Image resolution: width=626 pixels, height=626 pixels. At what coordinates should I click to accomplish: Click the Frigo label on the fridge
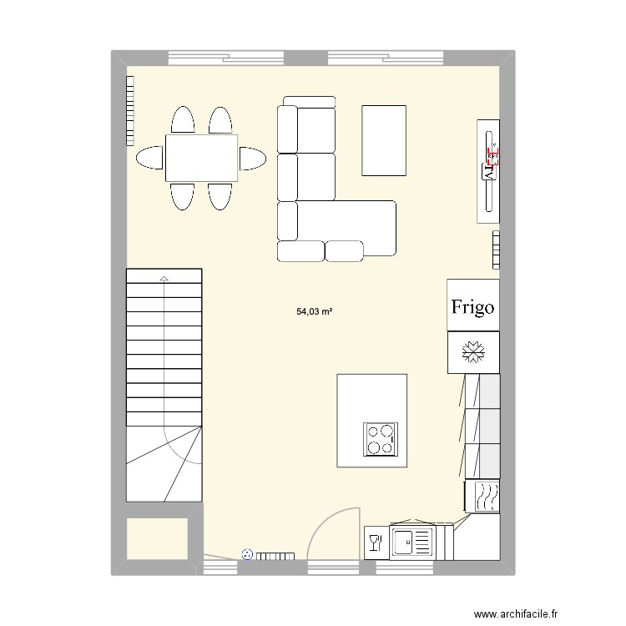[472, 306]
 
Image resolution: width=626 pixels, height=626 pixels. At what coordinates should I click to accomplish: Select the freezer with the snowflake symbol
[472, 353]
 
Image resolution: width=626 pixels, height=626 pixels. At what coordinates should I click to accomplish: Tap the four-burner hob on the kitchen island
[381, 439]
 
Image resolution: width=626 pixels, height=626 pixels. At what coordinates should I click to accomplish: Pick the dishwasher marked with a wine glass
[374, 543]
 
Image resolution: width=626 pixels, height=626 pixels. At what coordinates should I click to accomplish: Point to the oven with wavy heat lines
[484, 497]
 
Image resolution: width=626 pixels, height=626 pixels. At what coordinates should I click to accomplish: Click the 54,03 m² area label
[315, 312]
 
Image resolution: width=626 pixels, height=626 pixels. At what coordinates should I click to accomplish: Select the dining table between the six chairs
[201, 158]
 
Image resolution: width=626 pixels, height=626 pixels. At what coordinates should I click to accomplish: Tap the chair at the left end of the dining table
[150, 158]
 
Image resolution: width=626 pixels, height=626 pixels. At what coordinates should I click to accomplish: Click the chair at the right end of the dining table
[252, 158]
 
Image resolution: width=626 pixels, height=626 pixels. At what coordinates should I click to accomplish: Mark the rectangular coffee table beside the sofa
[383, 140]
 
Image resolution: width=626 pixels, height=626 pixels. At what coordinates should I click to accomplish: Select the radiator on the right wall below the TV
[496, 250]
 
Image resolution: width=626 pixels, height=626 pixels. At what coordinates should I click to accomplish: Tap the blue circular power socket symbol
[246, 553]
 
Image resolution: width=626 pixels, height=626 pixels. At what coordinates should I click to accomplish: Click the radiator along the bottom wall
[275, 556]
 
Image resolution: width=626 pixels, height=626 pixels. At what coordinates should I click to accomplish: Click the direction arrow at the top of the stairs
[164, 278]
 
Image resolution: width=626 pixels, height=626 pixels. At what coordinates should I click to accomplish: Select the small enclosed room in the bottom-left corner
[157, 538]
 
